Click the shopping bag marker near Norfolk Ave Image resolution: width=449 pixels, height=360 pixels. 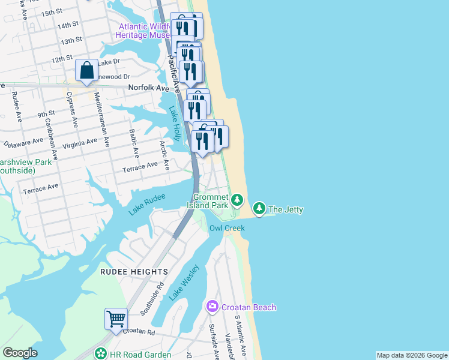click(87, 71)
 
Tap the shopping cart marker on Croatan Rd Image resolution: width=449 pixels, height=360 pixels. click(116, 319)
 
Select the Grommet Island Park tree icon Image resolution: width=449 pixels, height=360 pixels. click(238, 199)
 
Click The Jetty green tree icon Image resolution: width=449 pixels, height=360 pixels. click(259, 209)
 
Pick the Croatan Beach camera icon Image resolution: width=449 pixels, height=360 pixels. click(212, 307)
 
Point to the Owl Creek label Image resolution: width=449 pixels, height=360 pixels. click(227, 228)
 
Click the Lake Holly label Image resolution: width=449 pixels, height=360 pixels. click(175, 124)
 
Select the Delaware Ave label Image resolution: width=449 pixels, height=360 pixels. click(23, 143)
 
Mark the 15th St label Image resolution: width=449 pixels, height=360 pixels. click(52, 11)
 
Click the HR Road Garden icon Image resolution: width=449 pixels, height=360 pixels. click(101, 354)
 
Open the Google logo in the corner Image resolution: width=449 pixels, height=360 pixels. click(20, 353)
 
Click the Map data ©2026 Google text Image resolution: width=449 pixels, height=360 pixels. click(411, 355)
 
